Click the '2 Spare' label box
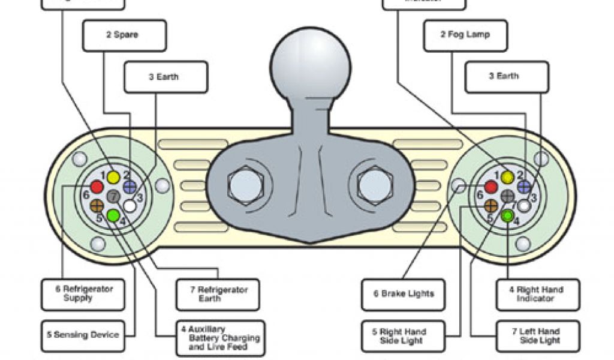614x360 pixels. [x=124, y=35]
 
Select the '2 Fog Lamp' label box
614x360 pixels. [x=465, y=35]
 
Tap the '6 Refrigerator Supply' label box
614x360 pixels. [x=83, y=294]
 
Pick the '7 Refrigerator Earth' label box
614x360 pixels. [x=218, y=294]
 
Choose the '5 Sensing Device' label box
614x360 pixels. [x=83, y=335]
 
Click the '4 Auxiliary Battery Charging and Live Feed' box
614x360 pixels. [x=221, y=338]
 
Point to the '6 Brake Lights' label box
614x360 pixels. [x=403, y=294]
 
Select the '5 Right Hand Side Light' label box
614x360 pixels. [x=403, y=336]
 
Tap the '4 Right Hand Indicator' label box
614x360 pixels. [x=538, y=294]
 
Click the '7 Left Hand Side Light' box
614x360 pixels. [x=538, y=336]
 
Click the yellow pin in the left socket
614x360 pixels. [x=113, y=178]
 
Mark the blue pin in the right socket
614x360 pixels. [x=524, y=187]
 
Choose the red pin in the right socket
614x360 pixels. [x=491, y=187]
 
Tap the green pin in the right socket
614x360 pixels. [x=508, y=216]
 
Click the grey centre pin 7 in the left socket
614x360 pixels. [x=113, y=196]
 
